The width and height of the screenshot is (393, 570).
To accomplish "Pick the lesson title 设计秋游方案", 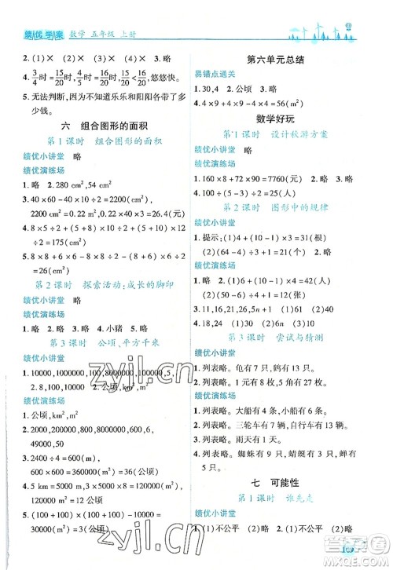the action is click(x=307, y=133).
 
